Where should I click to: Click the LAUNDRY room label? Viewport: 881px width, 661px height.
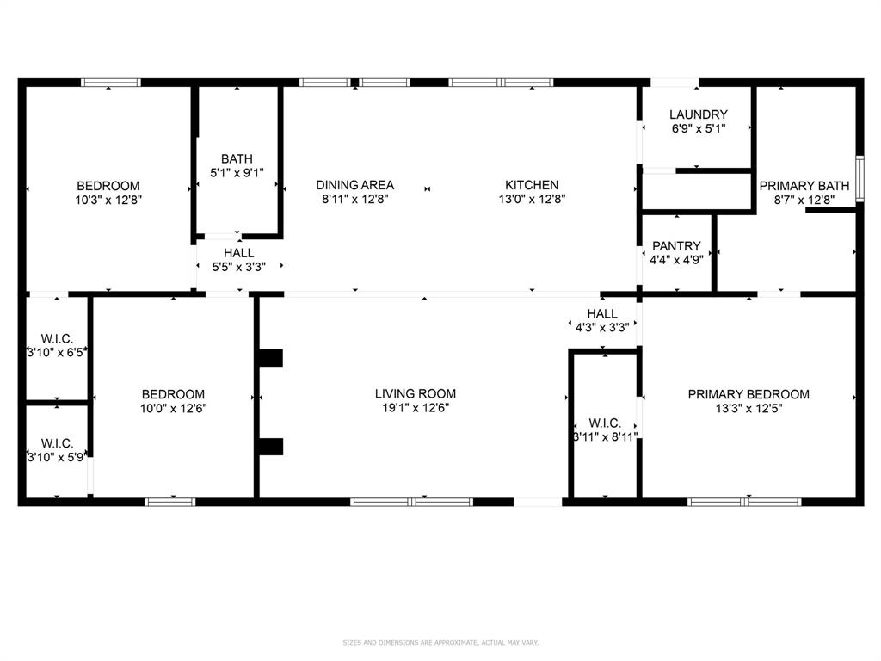coord(698,114)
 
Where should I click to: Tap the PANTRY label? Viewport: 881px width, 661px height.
coord(677,246)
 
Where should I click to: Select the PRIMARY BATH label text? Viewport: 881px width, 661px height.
coord(804,186)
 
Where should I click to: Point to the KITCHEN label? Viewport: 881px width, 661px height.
coord(531,185)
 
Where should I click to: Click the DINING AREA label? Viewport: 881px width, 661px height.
coord(354,185)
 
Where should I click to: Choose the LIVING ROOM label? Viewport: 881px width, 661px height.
coord(415,394)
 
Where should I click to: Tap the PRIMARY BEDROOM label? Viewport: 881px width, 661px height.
coord(748,394)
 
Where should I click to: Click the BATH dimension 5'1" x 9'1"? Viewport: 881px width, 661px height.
coord(237,172)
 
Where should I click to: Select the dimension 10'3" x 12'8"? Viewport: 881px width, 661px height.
coord(108,200)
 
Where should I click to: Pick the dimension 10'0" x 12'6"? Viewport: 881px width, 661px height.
coord(174,409)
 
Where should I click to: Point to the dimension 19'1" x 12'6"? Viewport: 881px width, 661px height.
coord(415,409)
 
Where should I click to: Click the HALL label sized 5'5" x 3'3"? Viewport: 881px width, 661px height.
coord(238,253)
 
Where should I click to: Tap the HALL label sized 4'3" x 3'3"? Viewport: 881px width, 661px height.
coord(602,313)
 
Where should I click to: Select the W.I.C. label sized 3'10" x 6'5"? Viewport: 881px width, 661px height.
coord(57,337)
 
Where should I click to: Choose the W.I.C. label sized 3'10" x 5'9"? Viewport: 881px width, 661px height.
coord(57,443)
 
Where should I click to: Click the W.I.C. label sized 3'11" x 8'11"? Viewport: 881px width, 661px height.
coord(605,423)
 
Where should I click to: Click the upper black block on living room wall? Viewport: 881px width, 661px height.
coord(271,357)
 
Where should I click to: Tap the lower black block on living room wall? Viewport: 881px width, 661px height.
coord(271,446)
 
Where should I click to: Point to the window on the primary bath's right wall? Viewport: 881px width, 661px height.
coord(859,178)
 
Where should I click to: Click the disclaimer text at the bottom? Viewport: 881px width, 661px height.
coord(440,642)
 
